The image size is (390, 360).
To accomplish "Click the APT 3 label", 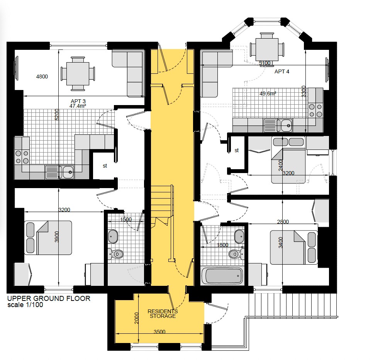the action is coord(78,101).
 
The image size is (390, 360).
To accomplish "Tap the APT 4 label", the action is coord(282,71).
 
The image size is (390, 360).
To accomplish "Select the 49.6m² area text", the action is coord(268,93).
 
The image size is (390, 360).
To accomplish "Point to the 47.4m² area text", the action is coord(78,106).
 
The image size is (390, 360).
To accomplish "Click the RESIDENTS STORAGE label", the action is coord(163,314).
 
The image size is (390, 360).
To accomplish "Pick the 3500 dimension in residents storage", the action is coord(159,332).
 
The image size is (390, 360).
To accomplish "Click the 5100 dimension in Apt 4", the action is coord(265,63).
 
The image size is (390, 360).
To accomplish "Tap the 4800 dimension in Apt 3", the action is coord(42,76).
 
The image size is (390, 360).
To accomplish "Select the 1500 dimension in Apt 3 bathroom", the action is coord(126,219).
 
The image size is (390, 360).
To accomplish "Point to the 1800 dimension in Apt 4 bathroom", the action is coord(222,245).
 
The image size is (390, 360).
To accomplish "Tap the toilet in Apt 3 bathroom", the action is coord(115,254).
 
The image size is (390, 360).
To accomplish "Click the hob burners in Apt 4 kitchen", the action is coord(315,110).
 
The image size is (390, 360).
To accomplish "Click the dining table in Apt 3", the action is coord(78,74).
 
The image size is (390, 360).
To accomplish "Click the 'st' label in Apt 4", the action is coord(237,150).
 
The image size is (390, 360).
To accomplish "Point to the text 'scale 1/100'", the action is coord(25,305).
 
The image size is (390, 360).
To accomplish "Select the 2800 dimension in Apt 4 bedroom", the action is coord(283,222).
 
